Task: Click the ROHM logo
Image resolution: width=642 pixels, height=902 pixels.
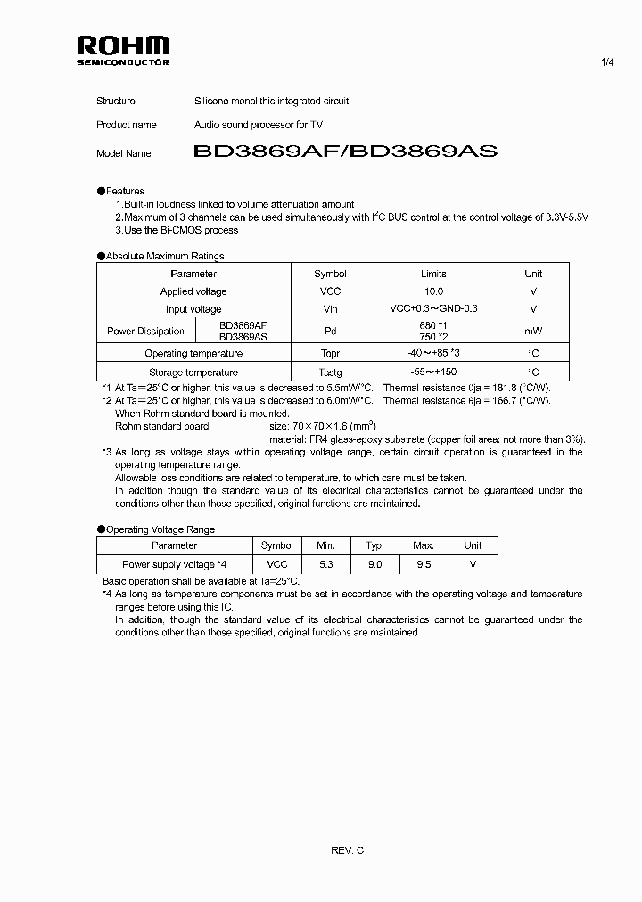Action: pyautogui.click(x=122, y=50)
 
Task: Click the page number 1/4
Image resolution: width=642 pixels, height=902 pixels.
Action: pyautogui.click(x=607, y=61)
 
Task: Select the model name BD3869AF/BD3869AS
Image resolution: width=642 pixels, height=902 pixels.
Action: pyautogui.click(x=345, y=152)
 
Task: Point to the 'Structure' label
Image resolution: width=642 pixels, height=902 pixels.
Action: pyautogui.click(x=116, y=101)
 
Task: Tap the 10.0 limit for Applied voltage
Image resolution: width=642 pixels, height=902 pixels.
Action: pyautogui.click(x=433, y=291)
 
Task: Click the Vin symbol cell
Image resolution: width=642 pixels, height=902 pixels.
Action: pyautogui.click(x=330, y=309)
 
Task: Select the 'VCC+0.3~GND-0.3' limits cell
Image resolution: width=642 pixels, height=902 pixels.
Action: pyautogui.click(x=433, y=309)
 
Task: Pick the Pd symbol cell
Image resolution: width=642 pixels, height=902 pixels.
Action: pyautogui.click(x=330, y=332)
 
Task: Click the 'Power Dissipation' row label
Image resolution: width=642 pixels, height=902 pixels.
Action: pyautogui.click(x=145, y=332)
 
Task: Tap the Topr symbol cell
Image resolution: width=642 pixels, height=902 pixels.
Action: pyautogui.click(x=330, y=354)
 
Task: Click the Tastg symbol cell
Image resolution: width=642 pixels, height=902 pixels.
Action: pyautogui.click(x=330, y=373)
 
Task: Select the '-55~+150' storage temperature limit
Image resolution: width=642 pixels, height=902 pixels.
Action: pyautogui.click(x=433, y=373)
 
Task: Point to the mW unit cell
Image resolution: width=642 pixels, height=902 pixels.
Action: pyautogui.click(x=533, y=332)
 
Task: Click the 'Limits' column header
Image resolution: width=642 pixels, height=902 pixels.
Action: pyautogui.click(x=433, y=274)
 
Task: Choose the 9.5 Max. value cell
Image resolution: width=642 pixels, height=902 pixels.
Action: pyautogui.click(x=423, y=564)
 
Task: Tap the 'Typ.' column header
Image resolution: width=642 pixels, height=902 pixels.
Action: pyautogui.click(x=374, y=545)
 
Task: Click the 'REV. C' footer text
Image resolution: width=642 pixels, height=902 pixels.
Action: pyautogui.click(x=347, y=851)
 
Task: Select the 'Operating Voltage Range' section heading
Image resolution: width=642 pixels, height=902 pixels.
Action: pyautogui.click(x=160, y=529)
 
